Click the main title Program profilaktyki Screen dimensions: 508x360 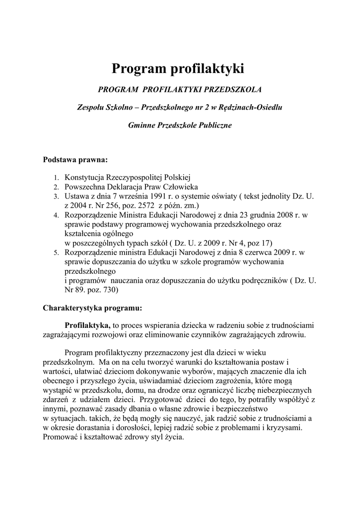(178, 68)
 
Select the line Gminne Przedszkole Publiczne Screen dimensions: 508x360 (180, 126)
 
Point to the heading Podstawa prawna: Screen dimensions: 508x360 (75, 160)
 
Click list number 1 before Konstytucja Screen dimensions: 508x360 (56, 178)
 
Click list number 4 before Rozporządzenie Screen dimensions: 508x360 (56, 215)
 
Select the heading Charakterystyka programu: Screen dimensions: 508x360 (92, 308)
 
